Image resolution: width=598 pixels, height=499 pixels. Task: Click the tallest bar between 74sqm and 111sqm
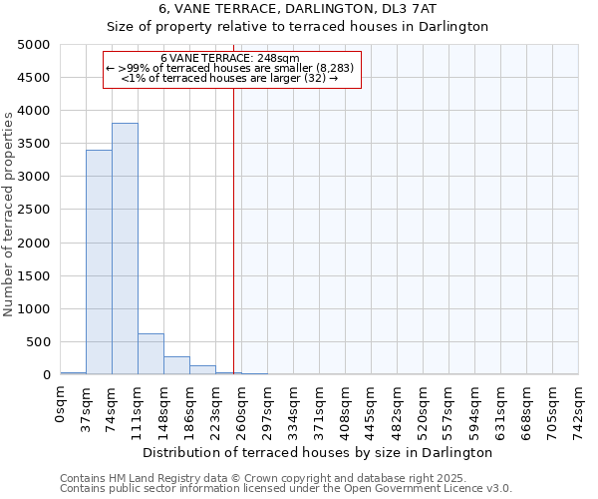coord(125,249)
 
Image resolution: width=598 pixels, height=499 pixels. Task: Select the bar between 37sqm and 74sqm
coord(99,261)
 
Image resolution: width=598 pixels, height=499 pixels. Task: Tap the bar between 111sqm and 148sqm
coord(150,353)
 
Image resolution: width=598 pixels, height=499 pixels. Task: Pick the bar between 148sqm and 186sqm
coord(176,365)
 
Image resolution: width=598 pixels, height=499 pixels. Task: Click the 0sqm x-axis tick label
coord(61,404)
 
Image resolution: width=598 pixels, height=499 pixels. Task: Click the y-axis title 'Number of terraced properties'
coord(9,214)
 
